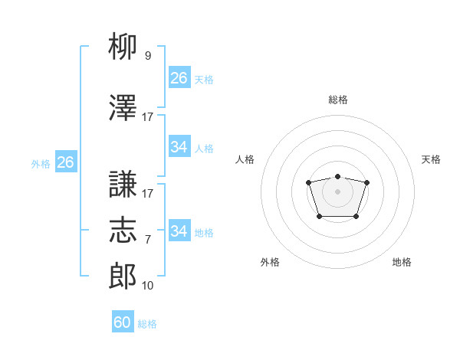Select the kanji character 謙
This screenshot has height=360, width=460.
(123, 185)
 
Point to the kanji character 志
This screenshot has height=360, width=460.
(123, 230)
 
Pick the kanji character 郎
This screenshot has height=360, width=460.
(123, 276)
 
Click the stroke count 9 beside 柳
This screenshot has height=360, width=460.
(148, 56)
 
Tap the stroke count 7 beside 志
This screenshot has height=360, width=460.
(148, 240)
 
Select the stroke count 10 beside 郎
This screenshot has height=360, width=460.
(148, 286)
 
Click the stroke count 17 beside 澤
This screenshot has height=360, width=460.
(148, 117)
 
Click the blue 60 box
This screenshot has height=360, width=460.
(123, 322)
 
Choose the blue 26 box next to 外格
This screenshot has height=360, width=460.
(65, 162)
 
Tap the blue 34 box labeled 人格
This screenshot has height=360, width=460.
(179, 147)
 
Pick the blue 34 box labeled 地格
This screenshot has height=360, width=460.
(179, 231)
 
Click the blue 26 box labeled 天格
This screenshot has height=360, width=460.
(179, 78)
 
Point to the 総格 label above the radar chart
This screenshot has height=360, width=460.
(338, 100)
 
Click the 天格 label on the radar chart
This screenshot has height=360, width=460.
(432, 159)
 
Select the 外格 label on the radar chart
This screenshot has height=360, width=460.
(270, 262)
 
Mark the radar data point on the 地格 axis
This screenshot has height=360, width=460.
(356, 217)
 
